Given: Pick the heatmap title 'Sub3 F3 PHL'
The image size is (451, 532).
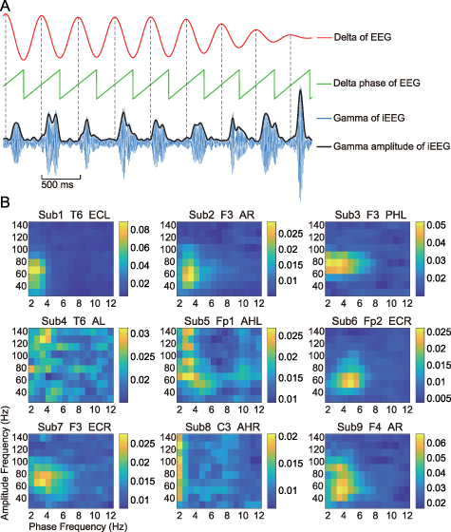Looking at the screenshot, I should point(360,217).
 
